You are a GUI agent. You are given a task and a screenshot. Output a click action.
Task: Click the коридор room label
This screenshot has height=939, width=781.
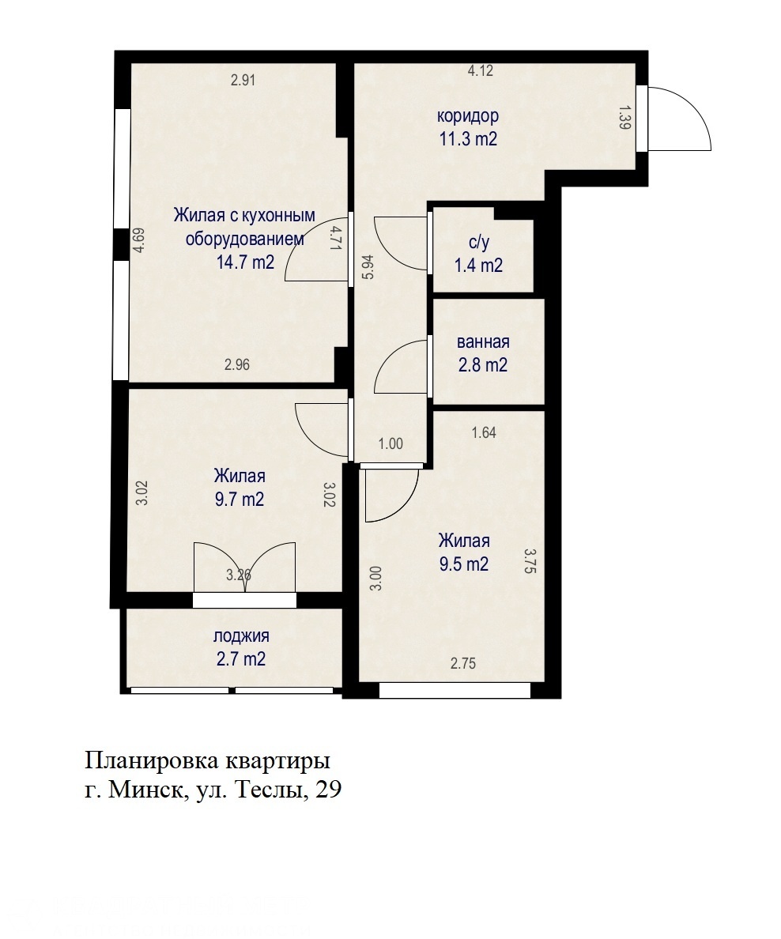tap(468, 116)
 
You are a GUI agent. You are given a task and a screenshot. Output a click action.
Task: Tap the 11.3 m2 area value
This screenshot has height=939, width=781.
tap(468, 139)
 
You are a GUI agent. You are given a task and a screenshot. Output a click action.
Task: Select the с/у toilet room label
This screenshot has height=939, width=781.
tap(479, 243)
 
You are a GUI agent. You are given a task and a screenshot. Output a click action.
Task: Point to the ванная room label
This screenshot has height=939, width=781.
tap(483, 342)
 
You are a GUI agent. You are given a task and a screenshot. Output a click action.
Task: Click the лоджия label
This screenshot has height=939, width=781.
tap(241, 636)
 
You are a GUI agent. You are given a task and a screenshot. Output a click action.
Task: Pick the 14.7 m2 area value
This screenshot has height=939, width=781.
tap(246, 262)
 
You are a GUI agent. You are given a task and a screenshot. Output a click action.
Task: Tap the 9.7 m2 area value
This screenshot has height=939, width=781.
tap(240, 499)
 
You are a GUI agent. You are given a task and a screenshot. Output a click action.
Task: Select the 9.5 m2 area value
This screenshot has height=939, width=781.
tap(464, 564)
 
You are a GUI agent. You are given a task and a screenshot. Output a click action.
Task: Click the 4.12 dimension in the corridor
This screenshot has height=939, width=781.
tap(481, 70)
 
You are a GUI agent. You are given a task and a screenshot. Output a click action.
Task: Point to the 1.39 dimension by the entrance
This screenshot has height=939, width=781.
tap(624, 117)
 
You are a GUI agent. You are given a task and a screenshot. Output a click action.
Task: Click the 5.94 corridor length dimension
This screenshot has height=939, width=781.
tap(368, 267)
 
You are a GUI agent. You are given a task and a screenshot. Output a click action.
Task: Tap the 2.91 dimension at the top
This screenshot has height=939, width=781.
tap(243, 80)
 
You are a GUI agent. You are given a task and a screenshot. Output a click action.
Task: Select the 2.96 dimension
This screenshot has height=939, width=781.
tap(237, 364)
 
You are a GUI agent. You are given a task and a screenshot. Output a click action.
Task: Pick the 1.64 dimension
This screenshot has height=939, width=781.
tap(484, 432)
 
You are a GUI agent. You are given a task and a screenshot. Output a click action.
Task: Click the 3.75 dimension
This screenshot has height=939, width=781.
tap(530, 562)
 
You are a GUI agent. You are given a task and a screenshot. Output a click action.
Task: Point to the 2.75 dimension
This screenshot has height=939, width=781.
tap(463, 663)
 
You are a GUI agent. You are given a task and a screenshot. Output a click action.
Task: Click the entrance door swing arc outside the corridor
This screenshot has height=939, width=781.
tap(694, 104)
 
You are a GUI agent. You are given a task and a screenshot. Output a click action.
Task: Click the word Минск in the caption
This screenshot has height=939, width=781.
tap(145, 790)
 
